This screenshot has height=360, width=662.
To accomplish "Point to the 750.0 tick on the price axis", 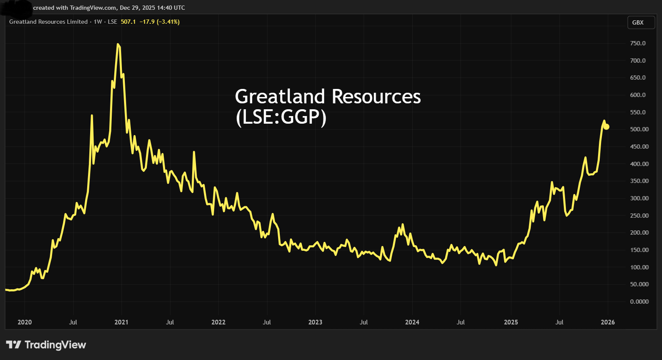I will [638, 43].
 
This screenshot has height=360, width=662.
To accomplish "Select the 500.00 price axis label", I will [639, 129].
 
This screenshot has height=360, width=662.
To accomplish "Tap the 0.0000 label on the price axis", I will [639, 302].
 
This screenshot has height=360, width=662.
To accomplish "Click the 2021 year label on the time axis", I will [121, 322].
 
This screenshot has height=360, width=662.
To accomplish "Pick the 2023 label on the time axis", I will [315, 322].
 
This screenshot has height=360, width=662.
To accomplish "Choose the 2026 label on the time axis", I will [608, 322].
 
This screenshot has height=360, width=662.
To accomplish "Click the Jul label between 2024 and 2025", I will [461, 322].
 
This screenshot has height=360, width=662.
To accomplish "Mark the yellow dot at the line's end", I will [606, 127].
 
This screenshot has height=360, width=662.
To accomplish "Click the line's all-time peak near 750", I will [118, 44].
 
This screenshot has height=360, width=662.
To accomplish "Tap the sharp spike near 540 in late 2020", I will [92, 115].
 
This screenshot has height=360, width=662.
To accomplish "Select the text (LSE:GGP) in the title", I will [281, 117].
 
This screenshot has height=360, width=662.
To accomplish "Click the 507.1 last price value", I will [128, 22].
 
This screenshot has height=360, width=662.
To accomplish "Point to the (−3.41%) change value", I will [168, 22].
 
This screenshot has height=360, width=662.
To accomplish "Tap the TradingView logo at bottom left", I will [46, 345].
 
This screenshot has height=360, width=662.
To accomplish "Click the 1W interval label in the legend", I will [98, 22].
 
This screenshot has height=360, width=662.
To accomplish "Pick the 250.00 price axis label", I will [639, 216].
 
